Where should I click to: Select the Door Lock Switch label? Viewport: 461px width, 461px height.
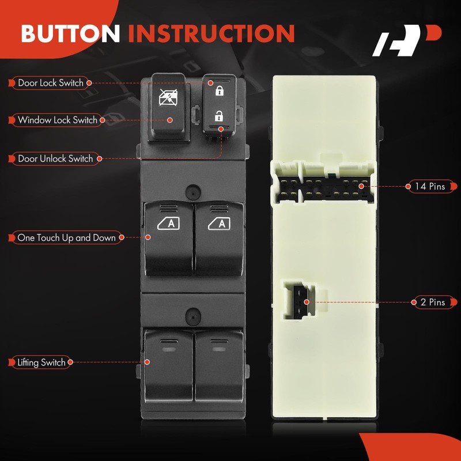[x=50, y=83]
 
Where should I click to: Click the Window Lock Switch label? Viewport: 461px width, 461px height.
[x=57, y=120]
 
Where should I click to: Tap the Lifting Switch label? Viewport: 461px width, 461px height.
[x=41, y=362]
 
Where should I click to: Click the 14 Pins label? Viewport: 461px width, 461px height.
[x=429, y=186]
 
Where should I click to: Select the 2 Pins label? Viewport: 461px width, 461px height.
[x=429, y=302]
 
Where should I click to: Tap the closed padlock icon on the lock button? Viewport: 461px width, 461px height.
[x=218, y=90]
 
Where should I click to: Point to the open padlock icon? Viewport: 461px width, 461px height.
[x=218, y=115]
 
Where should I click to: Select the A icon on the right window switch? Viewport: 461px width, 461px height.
[x=219, y=224]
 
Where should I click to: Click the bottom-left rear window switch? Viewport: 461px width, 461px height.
[x=169, y=365]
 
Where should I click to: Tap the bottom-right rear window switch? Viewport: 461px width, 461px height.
[x=219, y=365]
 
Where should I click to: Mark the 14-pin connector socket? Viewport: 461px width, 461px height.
[x=323, y=187]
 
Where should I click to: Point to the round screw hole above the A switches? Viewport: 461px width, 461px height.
[x=193, y=191]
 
